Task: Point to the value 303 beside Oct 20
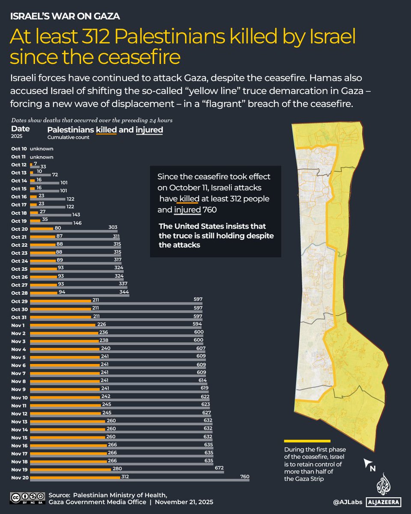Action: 113,227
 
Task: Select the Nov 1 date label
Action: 19,325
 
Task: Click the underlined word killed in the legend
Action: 106,129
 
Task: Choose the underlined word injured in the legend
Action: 149,129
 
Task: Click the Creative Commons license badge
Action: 27,497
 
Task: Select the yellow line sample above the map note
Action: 307,441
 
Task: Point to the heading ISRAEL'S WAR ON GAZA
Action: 64,16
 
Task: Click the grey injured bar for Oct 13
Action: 41,175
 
